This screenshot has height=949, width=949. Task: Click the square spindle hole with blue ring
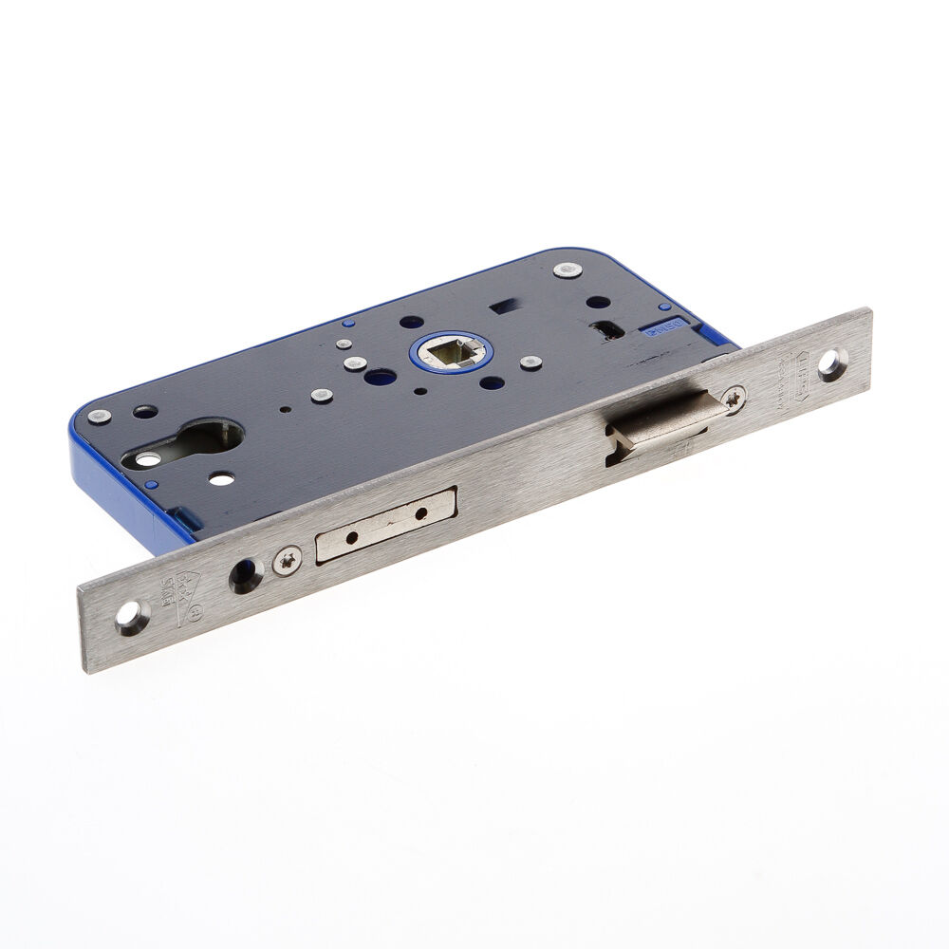[x=452, y=352]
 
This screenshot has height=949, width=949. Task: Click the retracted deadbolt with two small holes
[x=385, y=525]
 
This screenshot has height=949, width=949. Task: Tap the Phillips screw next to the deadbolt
[x=287, y=560]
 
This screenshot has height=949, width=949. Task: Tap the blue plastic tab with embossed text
[x=665, y=330]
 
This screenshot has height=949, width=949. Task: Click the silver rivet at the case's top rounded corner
[x=567, y=270]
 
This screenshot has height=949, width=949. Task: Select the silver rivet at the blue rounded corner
[x=99, y=416]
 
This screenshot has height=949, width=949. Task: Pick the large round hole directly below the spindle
[x=380, y=377]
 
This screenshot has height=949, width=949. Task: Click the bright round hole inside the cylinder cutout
[x=148, y=459]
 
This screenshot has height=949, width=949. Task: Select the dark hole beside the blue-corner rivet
[x=145, y=412]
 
